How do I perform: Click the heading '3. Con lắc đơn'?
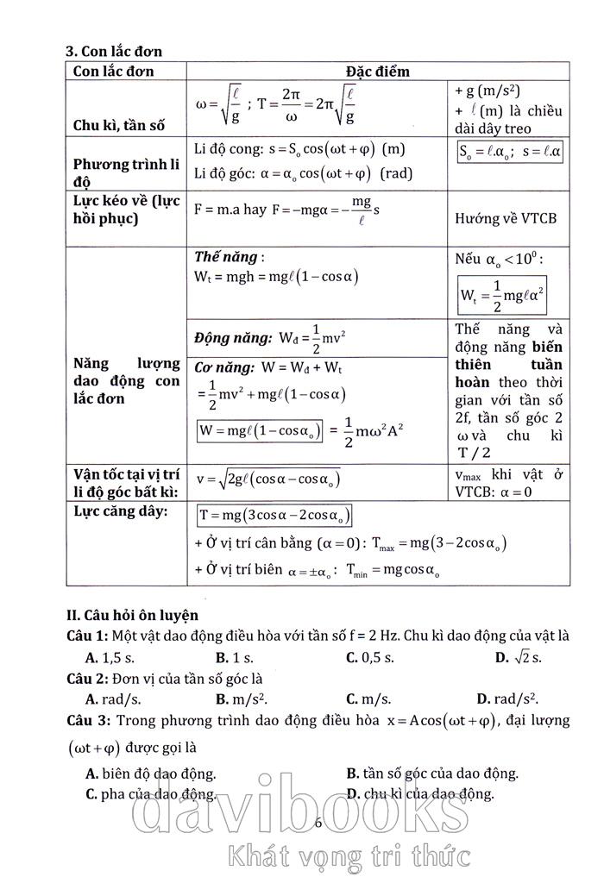tap(114, 52)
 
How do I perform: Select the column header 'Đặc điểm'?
tap(377, 71)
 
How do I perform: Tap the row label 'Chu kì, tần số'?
tap(118, 126)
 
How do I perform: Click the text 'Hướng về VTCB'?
tap(506, 218)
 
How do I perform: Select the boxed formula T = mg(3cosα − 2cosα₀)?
tap(274, 515)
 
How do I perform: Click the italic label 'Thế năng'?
tap(226, 257)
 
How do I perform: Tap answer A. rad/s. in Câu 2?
tap(113, 698)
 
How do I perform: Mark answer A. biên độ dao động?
tap(151, 773)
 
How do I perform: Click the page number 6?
tap(318, 822)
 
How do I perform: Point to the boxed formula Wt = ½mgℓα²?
tap(502, 296)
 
